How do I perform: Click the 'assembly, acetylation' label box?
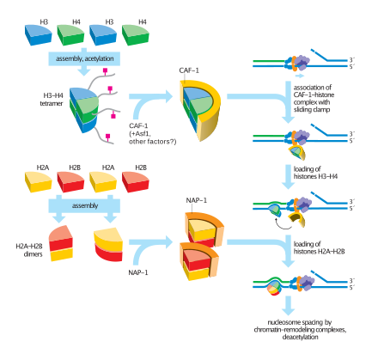point(84,58)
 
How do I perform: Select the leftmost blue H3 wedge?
point(38,34)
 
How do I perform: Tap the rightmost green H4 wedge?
point(136,34)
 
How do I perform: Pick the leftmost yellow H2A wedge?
point(38,181)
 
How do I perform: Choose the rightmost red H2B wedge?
point(136,181)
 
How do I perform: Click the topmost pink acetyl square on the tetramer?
point(105,70)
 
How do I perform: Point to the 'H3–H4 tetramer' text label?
point(52,100)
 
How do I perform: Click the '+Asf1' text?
point(140,133)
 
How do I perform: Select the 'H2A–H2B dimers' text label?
point(29,250)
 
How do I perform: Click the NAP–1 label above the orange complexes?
point(197,200)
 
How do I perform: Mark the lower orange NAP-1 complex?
point(199,261)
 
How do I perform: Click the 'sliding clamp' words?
point(312,110)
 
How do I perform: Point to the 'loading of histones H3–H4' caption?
point(315,173)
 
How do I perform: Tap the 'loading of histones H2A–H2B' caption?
point(319,247)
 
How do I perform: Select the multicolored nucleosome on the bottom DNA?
point(274,288)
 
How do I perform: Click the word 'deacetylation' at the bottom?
point(300,337)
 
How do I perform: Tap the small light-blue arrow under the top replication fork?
point(299,76)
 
